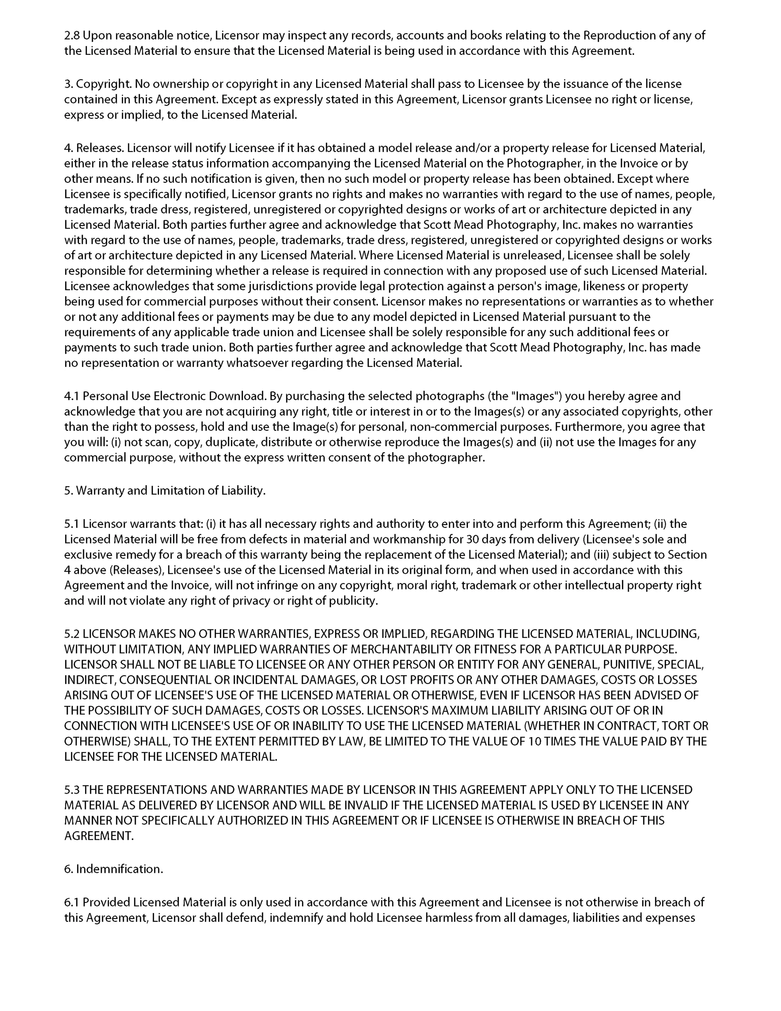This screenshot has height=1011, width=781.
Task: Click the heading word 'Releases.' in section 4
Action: [x=100, y=148]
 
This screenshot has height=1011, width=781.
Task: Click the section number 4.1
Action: [x=72, y=396]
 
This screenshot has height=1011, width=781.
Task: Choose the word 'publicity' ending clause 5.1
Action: [x=353, y=601]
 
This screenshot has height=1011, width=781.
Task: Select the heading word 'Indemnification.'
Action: [x=119, y=869]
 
